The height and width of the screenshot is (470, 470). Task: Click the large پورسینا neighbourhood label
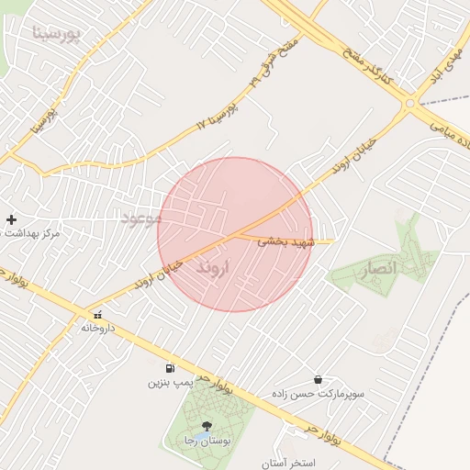coord(57,34)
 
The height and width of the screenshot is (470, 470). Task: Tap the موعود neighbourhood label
coord(142,218)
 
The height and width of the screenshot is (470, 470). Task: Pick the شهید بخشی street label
coord(285,241)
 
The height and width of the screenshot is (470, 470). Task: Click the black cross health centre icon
coord(11,219)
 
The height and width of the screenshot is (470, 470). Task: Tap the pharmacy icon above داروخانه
coord(97,315)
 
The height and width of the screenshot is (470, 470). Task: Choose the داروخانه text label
coord(99,328)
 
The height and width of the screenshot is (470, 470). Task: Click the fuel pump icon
coord(170,368)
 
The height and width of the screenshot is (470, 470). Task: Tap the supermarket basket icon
coord(318,379)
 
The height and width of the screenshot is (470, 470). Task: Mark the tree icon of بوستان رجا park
coord(206,426)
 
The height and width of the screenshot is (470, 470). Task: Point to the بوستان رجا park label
coord(206,442)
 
